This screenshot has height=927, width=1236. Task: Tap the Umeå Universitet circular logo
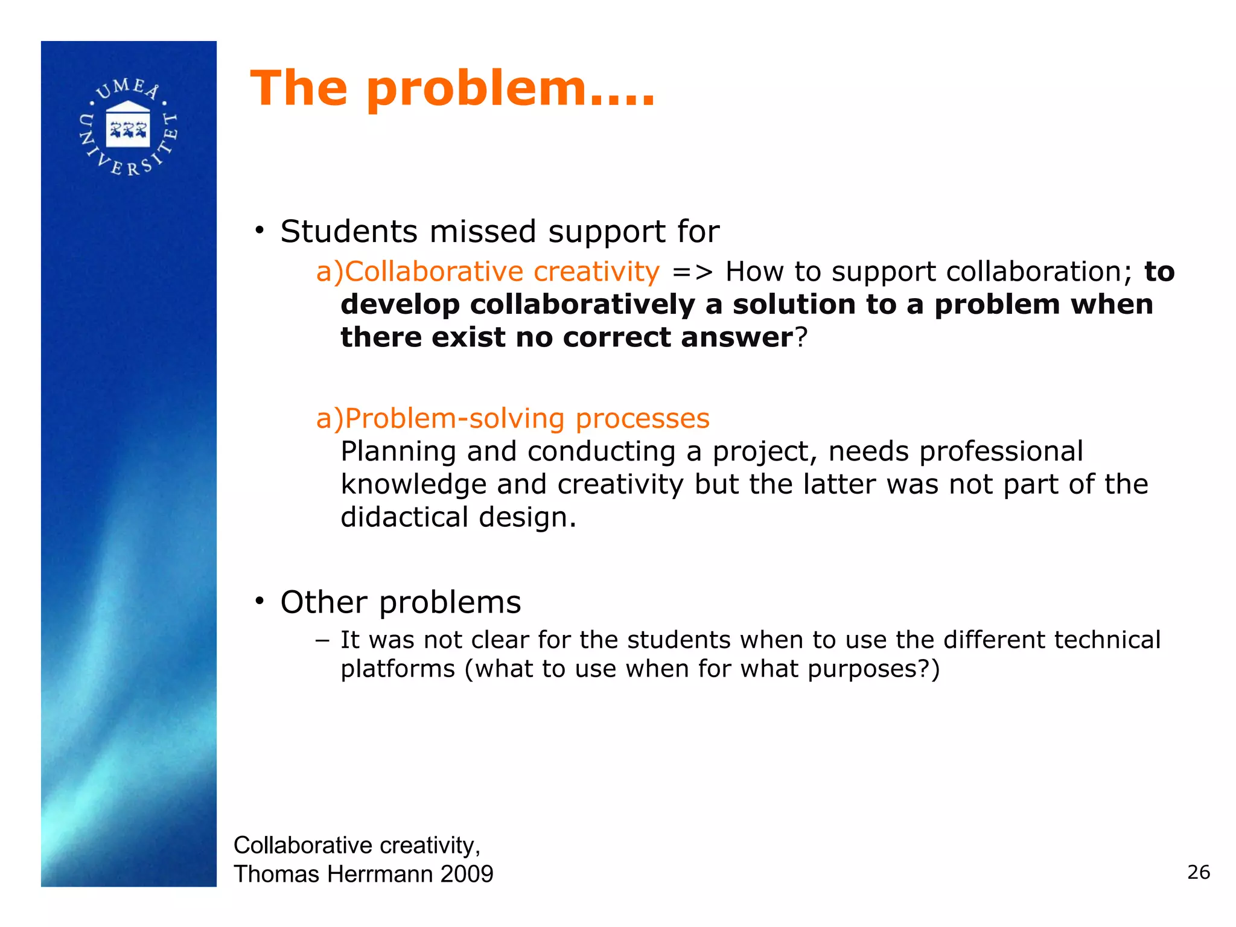coord(129,127)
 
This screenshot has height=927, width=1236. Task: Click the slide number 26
coord(1198,872)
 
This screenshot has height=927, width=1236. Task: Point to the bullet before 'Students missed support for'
coord(260,231)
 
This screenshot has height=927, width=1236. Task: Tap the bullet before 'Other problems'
coord(260,601)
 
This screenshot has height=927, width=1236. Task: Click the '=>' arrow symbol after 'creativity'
coord(692,272)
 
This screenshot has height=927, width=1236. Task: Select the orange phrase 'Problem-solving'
coord(456,418)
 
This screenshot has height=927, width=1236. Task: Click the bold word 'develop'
coord(400,305)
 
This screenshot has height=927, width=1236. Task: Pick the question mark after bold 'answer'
coord(801,337)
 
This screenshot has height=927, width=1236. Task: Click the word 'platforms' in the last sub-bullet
coord(397,669)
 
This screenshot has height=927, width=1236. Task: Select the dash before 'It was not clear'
coord(322,640)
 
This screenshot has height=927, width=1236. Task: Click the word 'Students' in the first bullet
coord(349,232)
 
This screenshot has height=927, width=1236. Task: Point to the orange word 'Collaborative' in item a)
coord(433,272)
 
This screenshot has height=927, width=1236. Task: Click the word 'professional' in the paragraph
coord(1001,452)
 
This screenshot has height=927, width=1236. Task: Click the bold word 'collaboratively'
coord(582,305)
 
